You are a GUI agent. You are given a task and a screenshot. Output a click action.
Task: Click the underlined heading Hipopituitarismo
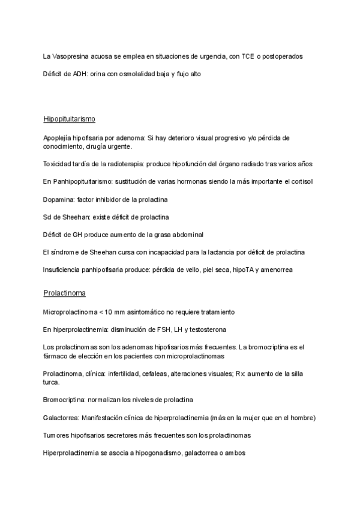pyautogui.click(x=70, y=118)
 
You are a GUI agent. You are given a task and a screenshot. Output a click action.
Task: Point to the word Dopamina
pyautogui.click(x=58, y=199)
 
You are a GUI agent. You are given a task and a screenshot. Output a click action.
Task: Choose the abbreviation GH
pyautogui.click(x=80, y=234)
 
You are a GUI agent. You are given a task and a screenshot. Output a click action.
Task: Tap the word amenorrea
pyautogui.click(x=275, y=270)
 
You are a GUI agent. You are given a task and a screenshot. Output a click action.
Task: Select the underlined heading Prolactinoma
pyautogui.click(x=64, y=294)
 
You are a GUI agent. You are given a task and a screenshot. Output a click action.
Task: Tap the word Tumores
pyautogui.click(x=57, y=435)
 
